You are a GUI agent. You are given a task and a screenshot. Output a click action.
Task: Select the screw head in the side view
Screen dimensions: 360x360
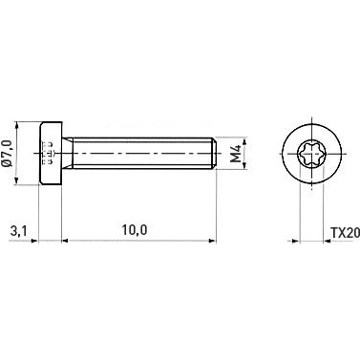coord(51,153)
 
